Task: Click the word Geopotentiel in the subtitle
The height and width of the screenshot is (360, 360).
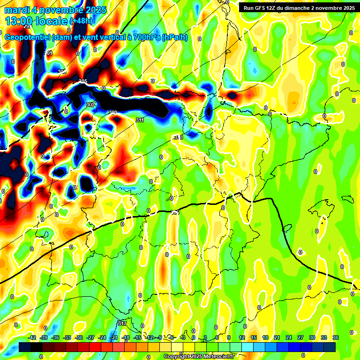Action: tap(28, 37)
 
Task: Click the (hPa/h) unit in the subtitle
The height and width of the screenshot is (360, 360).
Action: tap(174, 37)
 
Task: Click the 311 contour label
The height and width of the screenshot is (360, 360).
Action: tap(139, 120)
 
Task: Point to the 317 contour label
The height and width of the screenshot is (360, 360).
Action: tap(122, 323)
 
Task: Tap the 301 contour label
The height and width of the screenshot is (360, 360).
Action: tap(48, 53)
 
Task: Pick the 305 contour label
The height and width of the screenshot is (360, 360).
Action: tap(83, 82)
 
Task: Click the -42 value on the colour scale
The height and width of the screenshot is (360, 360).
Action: tap(32, 337)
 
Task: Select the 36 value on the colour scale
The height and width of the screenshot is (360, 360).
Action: tap(335, 337)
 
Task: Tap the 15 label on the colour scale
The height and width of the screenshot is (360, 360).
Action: tap(254, 337)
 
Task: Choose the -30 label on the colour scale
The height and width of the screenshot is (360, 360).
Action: tap(79, 337)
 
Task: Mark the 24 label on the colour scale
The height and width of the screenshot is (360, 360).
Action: tap(289, 337)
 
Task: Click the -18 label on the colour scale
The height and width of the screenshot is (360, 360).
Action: tap(125, 337)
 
